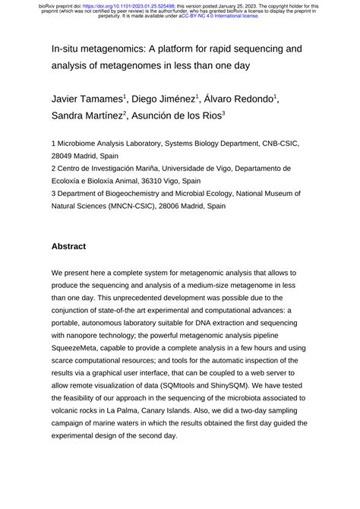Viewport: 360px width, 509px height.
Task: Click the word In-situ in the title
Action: pos(69,49)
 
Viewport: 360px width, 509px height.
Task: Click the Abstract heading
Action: pos(69,246)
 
